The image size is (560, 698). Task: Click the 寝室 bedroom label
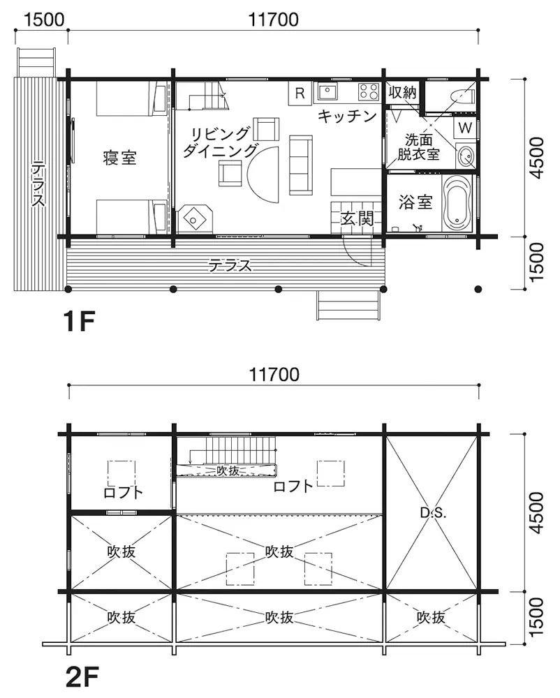(x=119, y=158)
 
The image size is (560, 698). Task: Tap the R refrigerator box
(x=300, y=94)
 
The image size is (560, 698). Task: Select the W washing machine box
(x=465, y=128)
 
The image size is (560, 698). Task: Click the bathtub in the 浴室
(x=458, y=203)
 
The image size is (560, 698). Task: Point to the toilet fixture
(x=461, y=96)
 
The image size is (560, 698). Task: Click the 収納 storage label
(x=402, y=92)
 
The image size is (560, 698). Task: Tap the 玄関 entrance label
(x=357, y=218)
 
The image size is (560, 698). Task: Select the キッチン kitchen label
(x=347, y=117)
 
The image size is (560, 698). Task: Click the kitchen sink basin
(x=327, y=91)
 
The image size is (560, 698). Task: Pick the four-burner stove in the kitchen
(x=369, y=91)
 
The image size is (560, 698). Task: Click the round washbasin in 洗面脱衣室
(x=466, y=157)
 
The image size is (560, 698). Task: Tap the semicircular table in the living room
(x=263, y=175)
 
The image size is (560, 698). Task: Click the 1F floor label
(x=79, y=321)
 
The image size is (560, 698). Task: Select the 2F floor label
(x=82, y=676)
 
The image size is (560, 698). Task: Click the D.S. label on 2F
(x=433, y=513)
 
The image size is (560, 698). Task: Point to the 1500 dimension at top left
(x=43, y=20)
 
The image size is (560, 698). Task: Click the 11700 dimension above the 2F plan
(x=274, y=374)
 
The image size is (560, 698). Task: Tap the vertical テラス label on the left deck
(x=38, y=186)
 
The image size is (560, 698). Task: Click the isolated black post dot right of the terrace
(x=478, y=290)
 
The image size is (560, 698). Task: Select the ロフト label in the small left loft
(x=123, y=492)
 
